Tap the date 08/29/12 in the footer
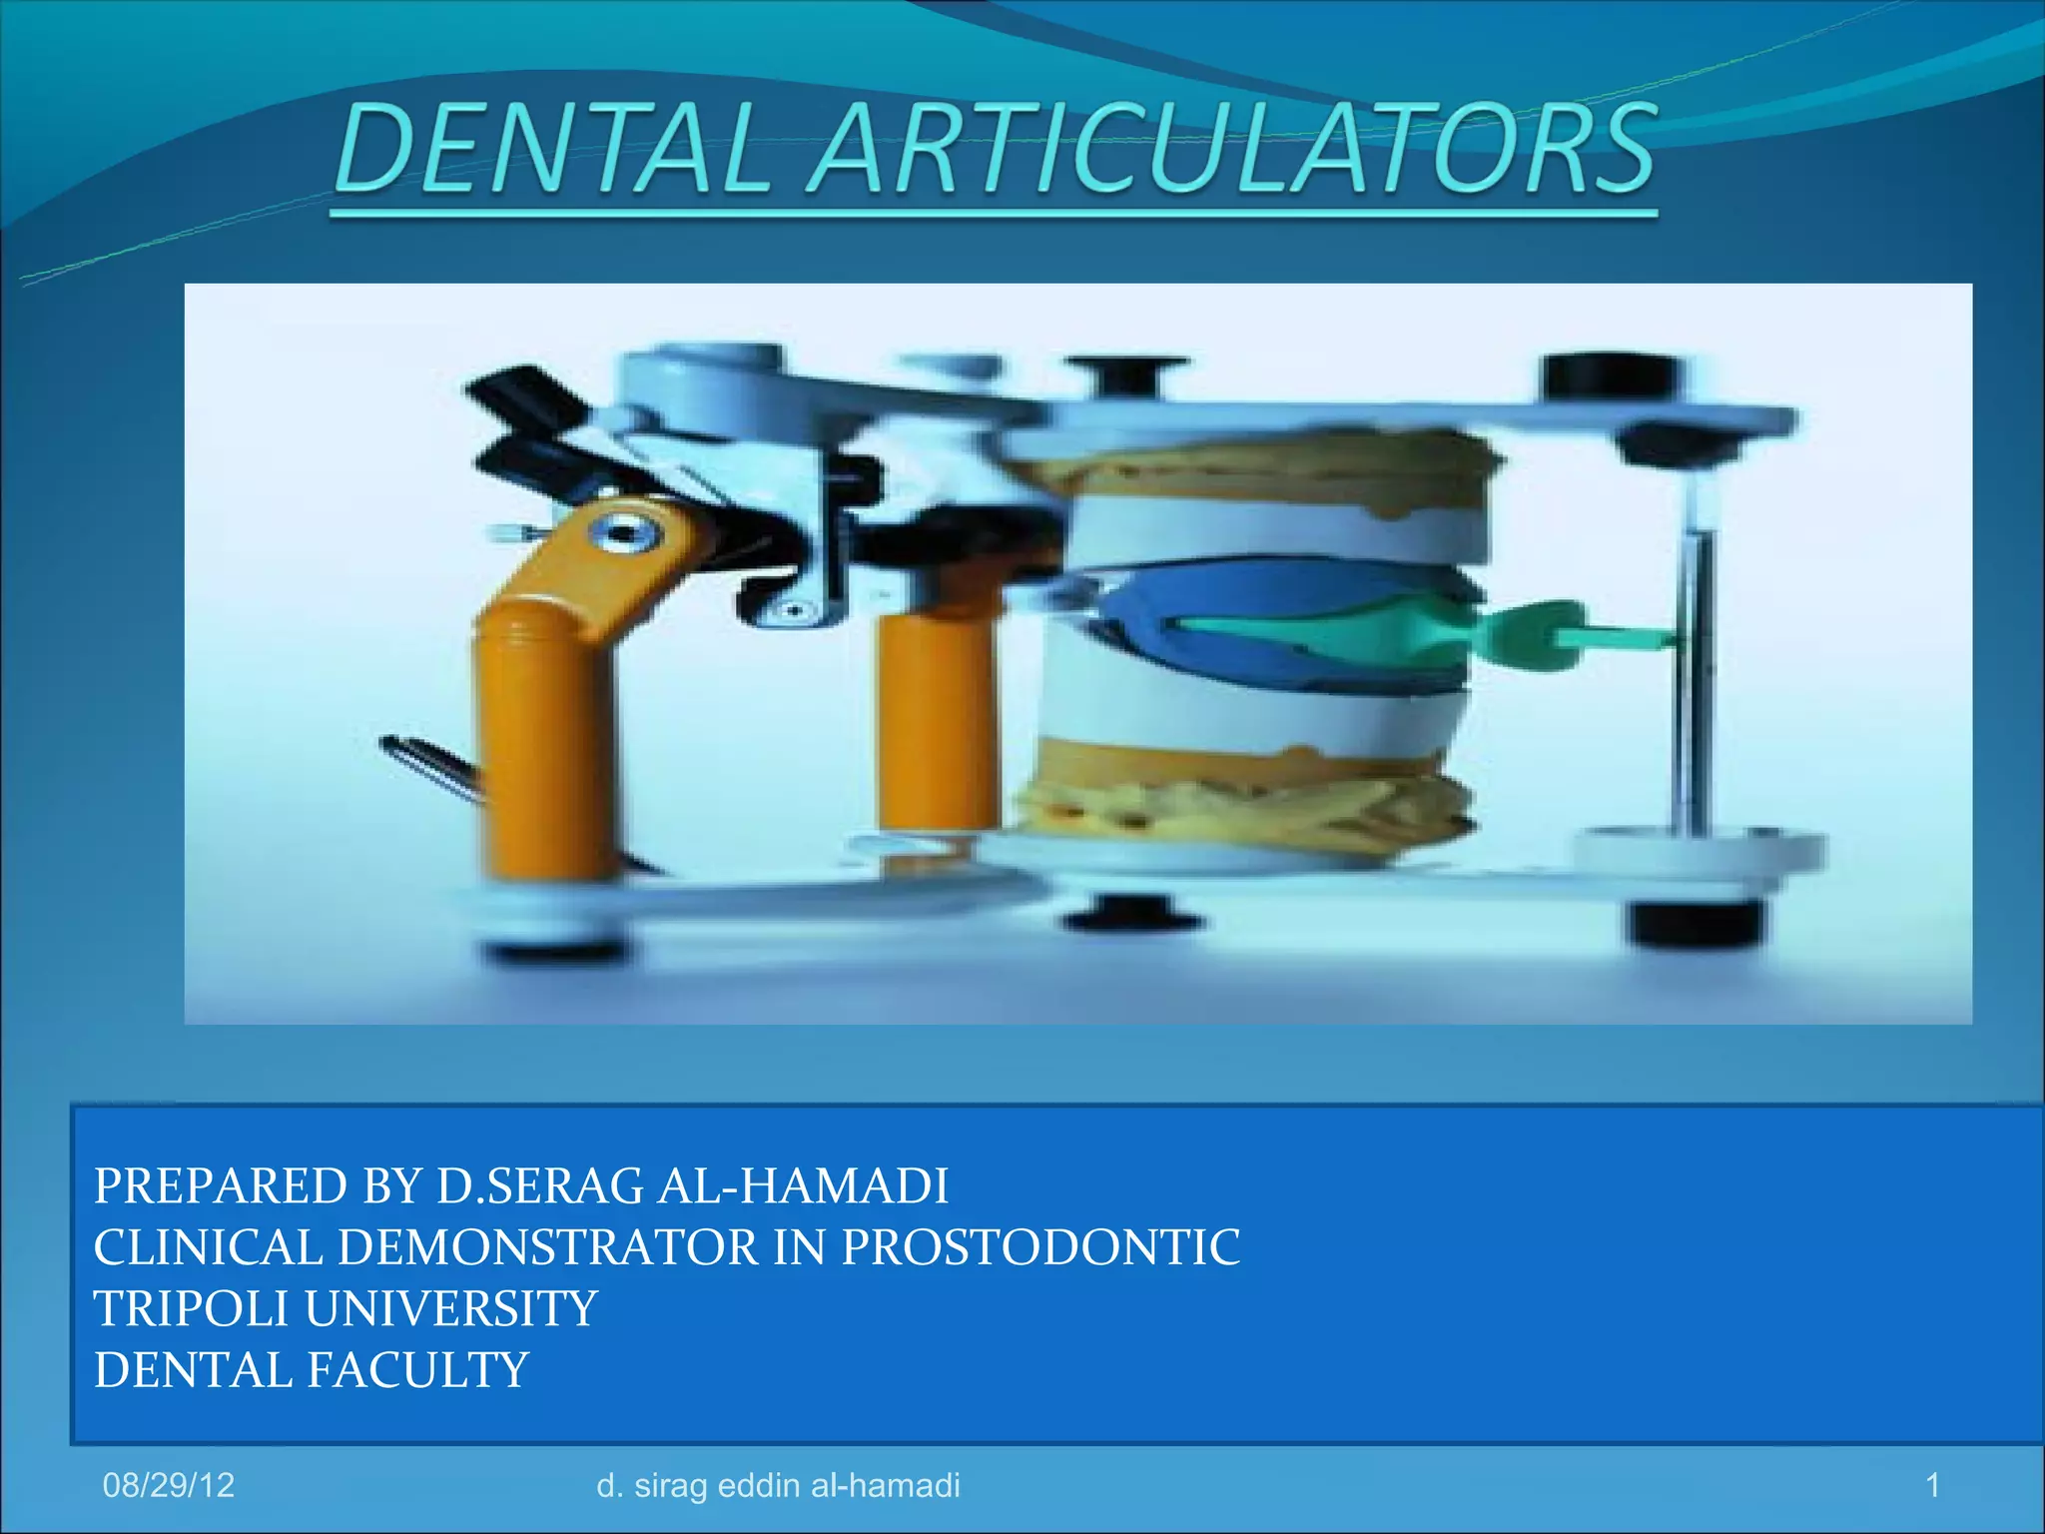point(169,1485)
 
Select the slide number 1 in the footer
point(1932,1485)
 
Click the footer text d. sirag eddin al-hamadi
point(778,1485)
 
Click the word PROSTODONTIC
point(1040,1247)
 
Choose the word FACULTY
point(417,1369)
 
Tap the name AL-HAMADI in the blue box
point(803,1186)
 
